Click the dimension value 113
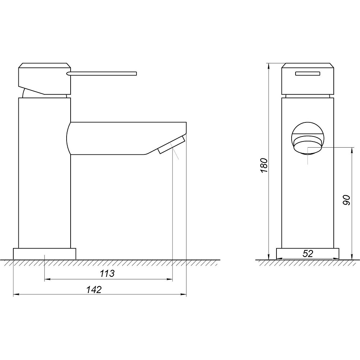point(107,273)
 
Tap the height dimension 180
point(264,165)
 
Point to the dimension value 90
point(346,200)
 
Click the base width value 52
point(308,253)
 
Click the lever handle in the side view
point(102,73)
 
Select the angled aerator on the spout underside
point(171,145)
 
